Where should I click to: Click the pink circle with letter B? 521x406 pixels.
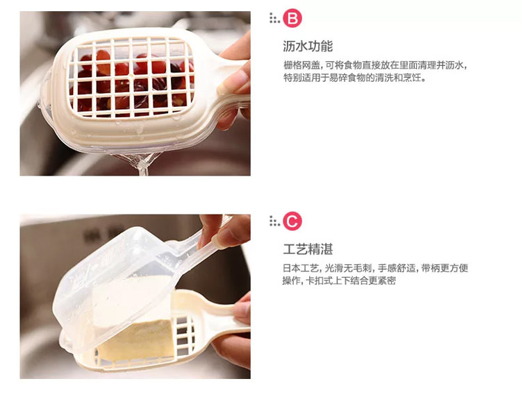coord(292,18)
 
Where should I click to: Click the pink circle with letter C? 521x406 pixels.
coord(292,221)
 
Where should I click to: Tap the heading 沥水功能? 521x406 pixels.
coord(308,46)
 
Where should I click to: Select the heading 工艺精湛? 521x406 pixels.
coord(308,249)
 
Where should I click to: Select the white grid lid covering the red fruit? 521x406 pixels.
coord(131,77)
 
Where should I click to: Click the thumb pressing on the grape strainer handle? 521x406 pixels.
coord(233,82)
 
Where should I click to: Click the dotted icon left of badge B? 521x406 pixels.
coord(274,18)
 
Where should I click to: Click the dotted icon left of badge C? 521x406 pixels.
coord(274,221)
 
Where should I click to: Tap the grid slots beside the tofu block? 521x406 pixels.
coord(184,335)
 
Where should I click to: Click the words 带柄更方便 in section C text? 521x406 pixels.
coord(445,268)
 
